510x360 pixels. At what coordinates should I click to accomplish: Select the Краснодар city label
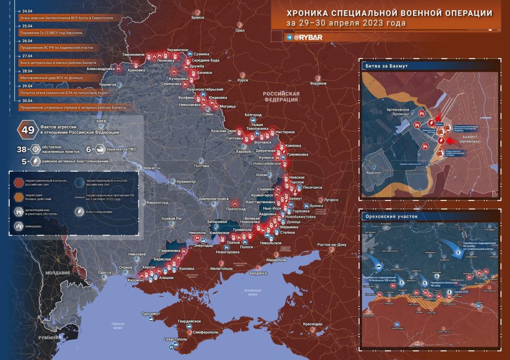pyautogui.click(x=312, y=324)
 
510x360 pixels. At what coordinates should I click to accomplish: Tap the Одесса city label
pyautogui.click(x=105, y=273)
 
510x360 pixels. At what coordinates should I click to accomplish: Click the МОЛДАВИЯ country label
pyautogui.click(x=57, y=273)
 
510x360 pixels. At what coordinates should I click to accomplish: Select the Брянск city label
pyautogui.click(x=197, y=17)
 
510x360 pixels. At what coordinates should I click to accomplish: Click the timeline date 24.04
pyautogui.click(x=25, y=11)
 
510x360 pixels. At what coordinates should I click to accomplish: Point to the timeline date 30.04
pyautogui.click(x=25, y=101)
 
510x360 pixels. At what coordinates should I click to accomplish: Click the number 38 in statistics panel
pyautogui.click(x=21, y=149)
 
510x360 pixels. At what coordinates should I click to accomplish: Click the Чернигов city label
pyautogui.click(x=108, y=84)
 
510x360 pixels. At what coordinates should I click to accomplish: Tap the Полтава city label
pyautogui.click(x=202, y=166)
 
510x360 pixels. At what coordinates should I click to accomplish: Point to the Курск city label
pyautogui.click(x=243, y=80)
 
